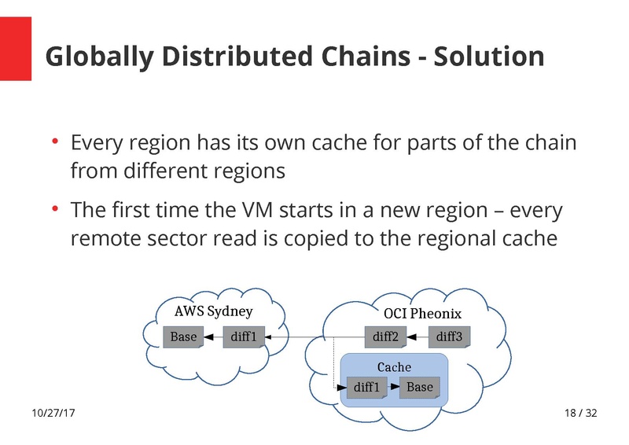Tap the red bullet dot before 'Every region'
click(x=56, y=142)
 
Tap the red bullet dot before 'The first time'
click(x=56, y=210)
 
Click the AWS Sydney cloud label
click(x=213, y=312)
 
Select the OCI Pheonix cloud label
click(x=417, y=314)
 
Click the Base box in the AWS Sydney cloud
click(x=184, y=337)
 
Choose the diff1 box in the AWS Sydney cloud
click(x=244, y=337)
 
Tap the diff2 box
click(x=385, y=337)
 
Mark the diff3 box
click(x=449, y=337)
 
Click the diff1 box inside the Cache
click(x=366, y=388)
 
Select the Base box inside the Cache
click(x=420, y=388)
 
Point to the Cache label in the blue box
click(x=394, y=367)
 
